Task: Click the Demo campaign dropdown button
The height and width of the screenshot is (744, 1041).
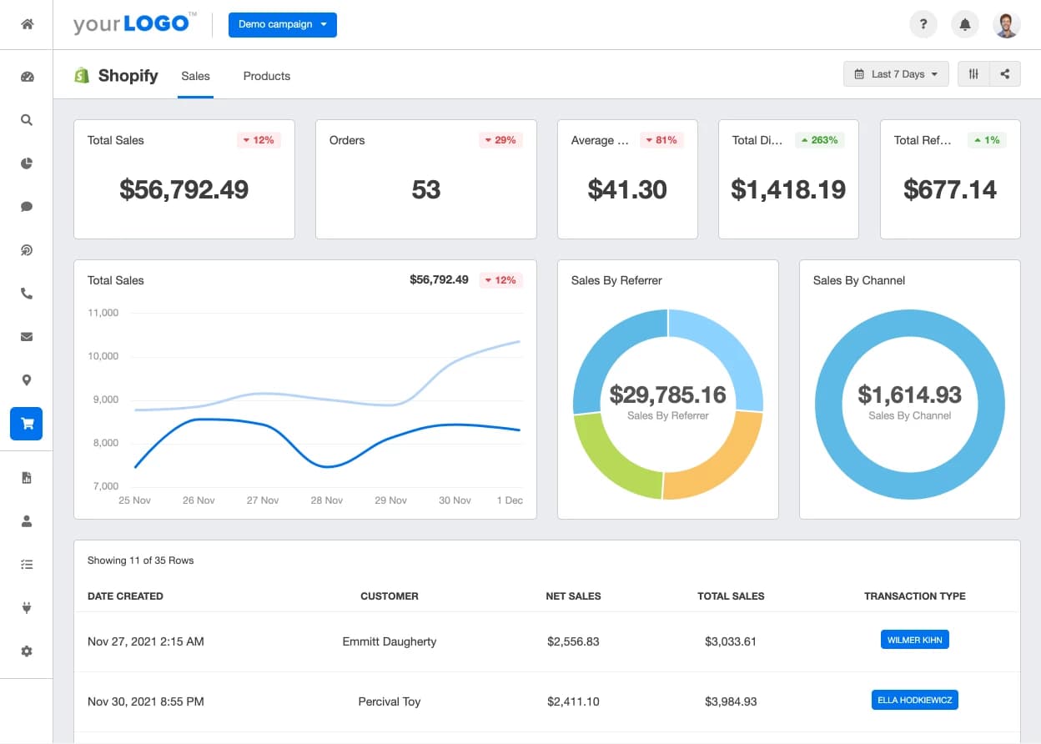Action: point(283,25)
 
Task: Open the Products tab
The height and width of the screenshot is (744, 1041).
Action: point(267,76)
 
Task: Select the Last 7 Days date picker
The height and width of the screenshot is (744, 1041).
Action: point(896,74)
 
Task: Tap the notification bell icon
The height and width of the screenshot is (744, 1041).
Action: point(965,24)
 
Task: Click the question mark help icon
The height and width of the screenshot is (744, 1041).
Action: point(923,24)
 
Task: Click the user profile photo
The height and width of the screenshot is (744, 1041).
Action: point(1007,25)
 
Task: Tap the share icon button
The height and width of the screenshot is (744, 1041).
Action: point(1005,74)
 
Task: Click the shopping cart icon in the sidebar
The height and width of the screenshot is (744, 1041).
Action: point(27,424)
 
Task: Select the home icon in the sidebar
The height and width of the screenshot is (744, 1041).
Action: point(28,23)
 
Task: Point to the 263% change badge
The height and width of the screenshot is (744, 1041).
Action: point(820,140)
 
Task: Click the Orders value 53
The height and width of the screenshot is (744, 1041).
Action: point(425,189)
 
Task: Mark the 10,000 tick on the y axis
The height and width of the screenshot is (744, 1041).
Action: point(103,356)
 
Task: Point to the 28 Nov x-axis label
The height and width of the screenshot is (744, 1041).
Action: point(327,500)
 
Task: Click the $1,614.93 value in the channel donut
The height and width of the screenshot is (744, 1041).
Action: point(909,395)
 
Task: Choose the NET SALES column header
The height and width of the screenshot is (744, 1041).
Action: point(573,596)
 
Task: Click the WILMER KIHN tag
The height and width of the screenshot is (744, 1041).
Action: point(914,640)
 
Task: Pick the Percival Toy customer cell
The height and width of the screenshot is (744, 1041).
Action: point(390,701)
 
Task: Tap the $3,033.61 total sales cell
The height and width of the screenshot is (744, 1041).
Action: point(731,641)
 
